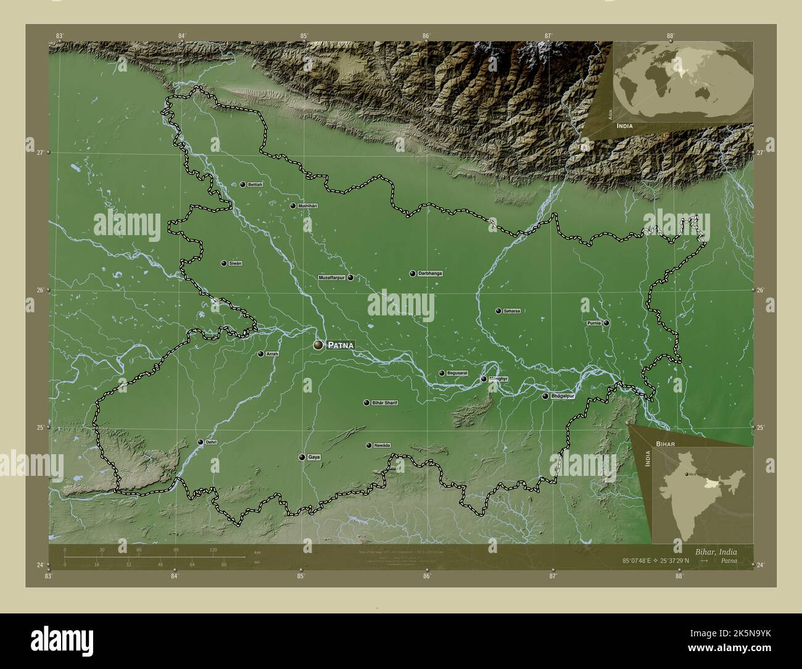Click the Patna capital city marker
click(318, 345)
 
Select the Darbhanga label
click(429, 273)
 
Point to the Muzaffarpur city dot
click(350, 278)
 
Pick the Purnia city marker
click(606, 323)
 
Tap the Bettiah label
click(255, 185)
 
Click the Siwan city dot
click(224, 264)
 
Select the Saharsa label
click(511, 311)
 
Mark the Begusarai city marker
click(442, 373)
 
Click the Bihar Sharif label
click(384, 403)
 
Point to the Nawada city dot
click(368, 446)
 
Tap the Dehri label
click(211, 442)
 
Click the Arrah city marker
click(260, 354)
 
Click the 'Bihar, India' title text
click(715, 551)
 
